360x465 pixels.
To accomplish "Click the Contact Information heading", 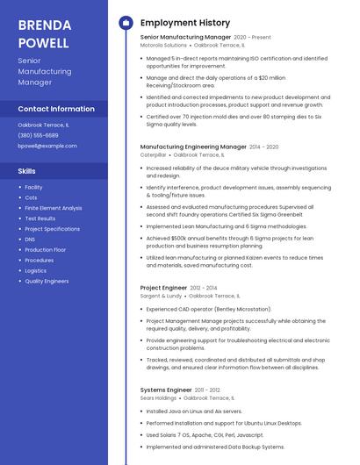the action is click(56, 109).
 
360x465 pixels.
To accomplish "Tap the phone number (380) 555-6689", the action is click(38, 135).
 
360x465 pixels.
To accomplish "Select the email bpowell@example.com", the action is click(47, 146).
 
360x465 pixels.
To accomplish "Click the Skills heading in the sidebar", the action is click(26, 170).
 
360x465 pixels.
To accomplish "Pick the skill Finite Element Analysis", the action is click(53, 208).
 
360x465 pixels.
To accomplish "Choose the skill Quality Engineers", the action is click(47, 282).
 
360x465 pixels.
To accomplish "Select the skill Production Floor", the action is click(46, 250).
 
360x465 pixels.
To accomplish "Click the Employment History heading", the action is click(184, 23).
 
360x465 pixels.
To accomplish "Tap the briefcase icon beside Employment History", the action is click(126, 23).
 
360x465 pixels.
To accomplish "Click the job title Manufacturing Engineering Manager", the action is click(193, 147).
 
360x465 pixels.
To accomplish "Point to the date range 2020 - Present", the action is click(252, 38).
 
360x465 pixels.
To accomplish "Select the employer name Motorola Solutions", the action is click(163, 45).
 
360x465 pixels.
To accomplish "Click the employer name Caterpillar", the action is click(153, 154).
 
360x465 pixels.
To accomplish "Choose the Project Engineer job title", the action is click(163, 288).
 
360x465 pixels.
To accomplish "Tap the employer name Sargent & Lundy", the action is click(161, 296).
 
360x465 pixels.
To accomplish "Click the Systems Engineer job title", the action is click(166, 389).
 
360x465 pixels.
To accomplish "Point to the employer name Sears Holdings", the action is click(159, 397).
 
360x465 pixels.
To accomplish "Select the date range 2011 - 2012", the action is click(207, 390).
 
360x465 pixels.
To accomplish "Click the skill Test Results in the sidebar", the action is click(40, 218).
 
